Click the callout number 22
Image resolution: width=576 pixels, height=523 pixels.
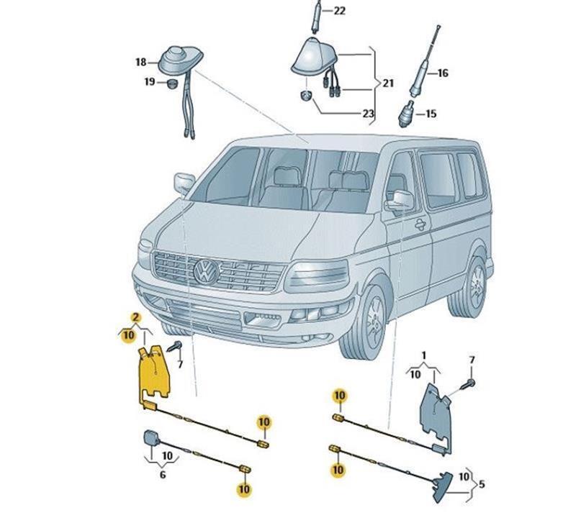coord(339,11)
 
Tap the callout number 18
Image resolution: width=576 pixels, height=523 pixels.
coord(140,63)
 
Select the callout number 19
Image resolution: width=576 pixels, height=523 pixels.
coord(150,83)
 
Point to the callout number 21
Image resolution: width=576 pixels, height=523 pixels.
coord(388,83)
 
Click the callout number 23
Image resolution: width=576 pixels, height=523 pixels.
coord(368,114)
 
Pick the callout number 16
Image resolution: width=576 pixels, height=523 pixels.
coord(442,73)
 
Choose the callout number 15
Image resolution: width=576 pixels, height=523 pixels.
coord(431,114)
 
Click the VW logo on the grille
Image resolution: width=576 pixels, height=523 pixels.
coord(207,272)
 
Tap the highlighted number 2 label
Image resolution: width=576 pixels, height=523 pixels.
coord(135,317)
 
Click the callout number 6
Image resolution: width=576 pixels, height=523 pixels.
coord(162,475)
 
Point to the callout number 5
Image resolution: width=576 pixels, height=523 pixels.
coord(482,484)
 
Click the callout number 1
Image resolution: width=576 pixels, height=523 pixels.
coord(424,355)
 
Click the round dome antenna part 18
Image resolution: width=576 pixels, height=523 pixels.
coord(176,58)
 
